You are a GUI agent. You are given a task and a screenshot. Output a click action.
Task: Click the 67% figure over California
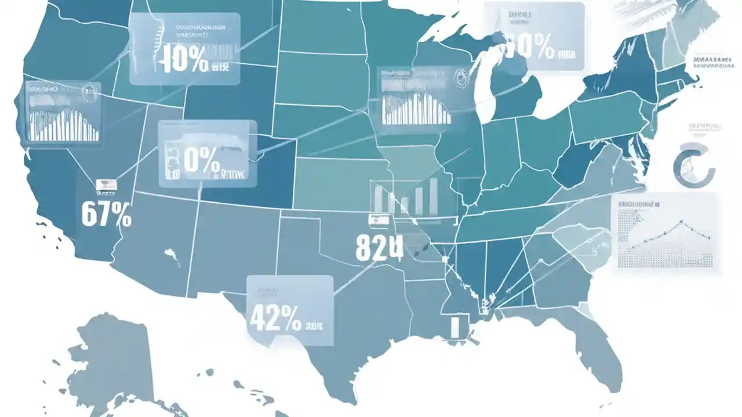pos(106,214)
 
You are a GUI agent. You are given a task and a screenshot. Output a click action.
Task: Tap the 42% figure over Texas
pos(275,317)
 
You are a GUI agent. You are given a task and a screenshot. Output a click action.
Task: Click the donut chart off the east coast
pos(694,164)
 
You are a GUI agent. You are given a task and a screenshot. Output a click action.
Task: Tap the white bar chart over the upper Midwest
pos(416,108)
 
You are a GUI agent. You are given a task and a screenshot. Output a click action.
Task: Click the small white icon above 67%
pos(106,185)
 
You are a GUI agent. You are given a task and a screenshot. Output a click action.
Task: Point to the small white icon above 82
pos(380,220)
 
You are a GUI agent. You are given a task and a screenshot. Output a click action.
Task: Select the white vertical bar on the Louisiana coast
pos(456,326)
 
